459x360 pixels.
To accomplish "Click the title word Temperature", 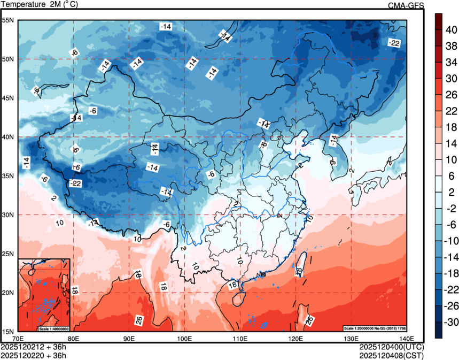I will coord(24,5).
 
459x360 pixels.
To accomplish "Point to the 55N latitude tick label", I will coord(8,20).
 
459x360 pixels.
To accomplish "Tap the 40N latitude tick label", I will coord(8,137).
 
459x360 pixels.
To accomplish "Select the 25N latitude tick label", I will coord(8,254).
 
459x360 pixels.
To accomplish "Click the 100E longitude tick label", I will coord(184,338).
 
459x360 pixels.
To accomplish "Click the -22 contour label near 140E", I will coord(394,43).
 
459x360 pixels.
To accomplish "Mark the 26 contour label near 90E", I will coord(139,320).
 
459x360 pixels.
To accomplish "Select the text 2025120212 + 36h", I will coord(34,347).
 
